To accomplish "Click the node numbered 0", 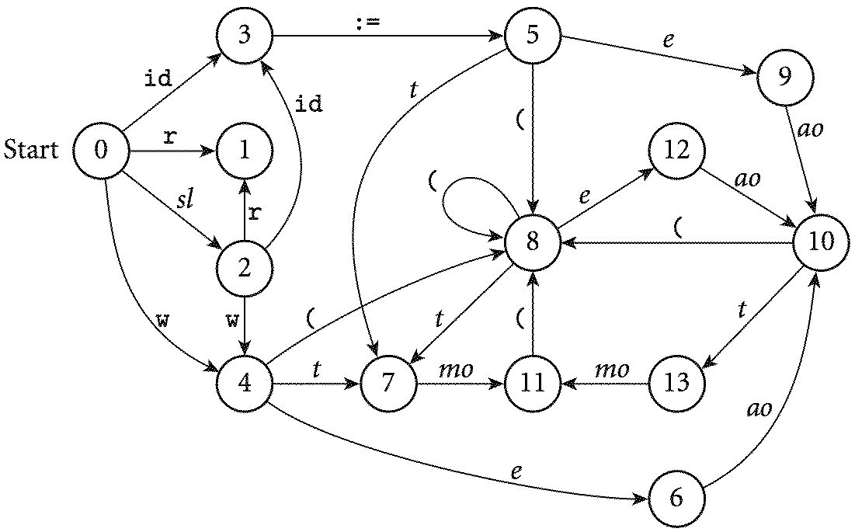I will (101, 151).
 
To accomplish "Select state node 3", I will (245, 36).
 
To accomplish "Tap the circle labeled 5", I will (533, 36).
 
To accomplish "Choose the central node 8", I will (533, 242).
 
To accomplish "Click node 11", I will (533, 382).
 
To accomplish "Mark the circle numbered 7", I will (388, 382).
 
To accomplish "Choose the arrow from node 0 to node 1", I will (171, 151).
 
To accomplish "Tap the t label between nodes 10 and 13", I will (742, 310).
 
